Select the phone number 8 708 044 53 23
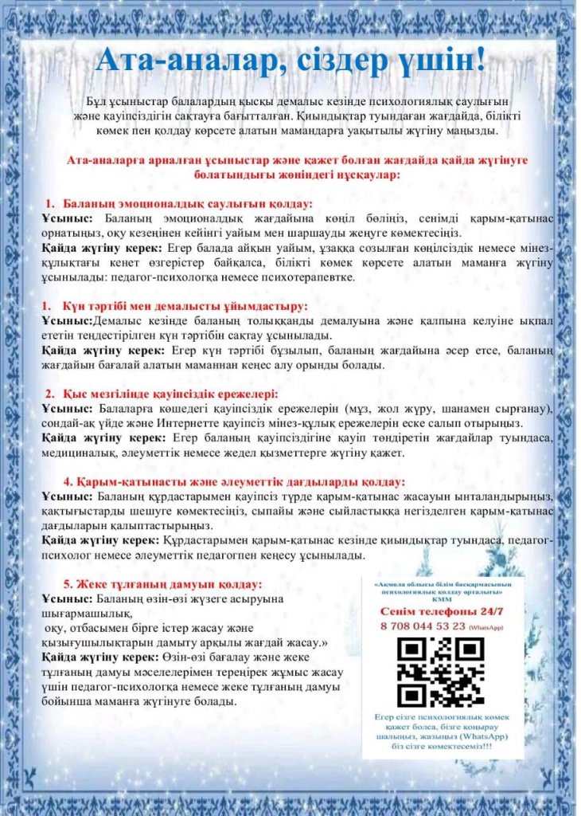(x=423, y=626)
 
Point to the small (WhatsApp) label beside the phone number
(x=486, y=628)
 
